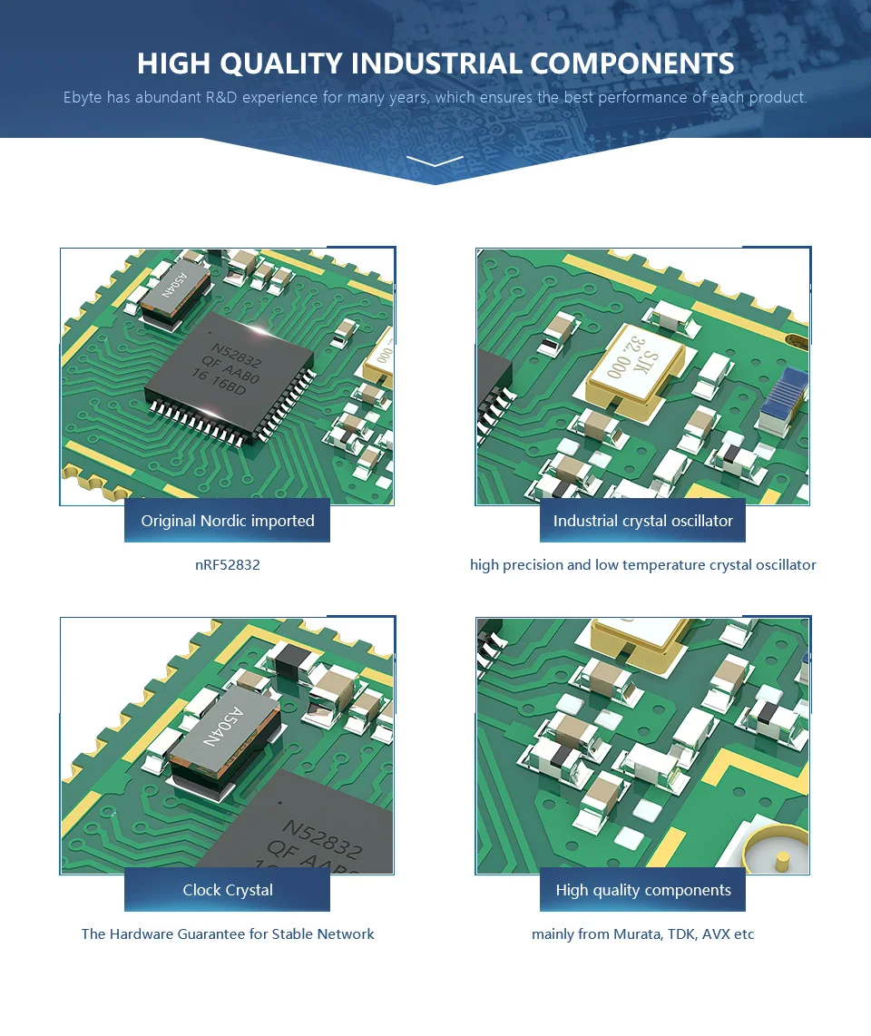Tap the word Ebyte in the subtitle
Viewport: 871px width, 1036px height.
(83, 97)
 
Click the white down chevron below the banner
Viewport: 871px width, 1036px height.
(435, 161)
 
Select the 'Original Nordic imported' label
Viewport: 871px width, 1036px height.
(227, 521)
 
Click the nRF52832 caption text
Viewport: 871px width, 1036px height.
(228, 564)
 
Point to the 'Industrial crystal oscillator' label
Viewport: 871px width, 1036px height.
(642, 521)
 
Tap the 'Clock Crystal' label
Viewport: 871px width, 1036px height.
(227, 890)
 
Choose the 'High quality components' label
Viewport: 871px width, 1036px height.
(642, 890)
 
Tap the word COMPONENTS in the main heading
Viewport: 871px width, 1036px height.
(632, 64)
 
